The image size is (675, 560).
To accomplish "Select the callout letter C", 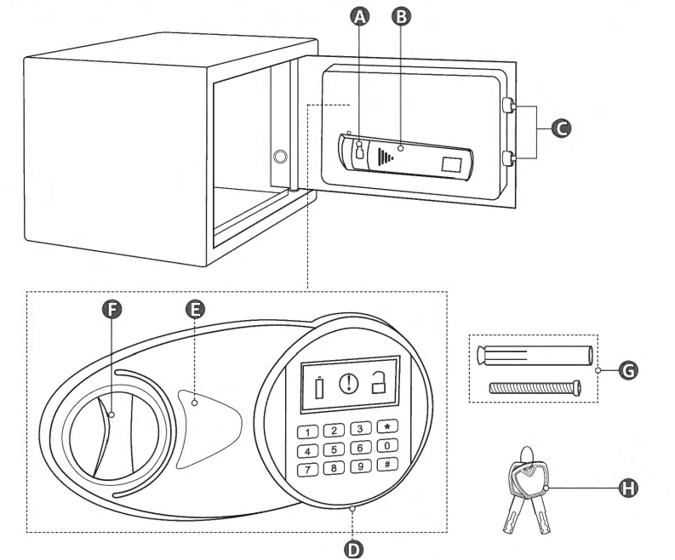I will pos(560,129).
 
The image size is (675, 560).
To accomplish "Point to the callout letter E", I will pos(195,311).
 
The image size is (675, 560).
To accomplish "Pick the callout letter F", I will pos(110,311).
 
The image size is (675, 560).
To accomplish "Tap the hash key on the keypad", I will pos(388,465).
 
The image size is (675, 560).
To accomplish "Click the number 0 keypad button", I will pos(388,447).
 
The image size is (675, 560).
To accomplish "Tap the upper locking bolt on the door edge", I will pos(507,106).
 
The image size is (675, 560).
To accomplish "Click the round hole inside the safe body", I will pos(281,157).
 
